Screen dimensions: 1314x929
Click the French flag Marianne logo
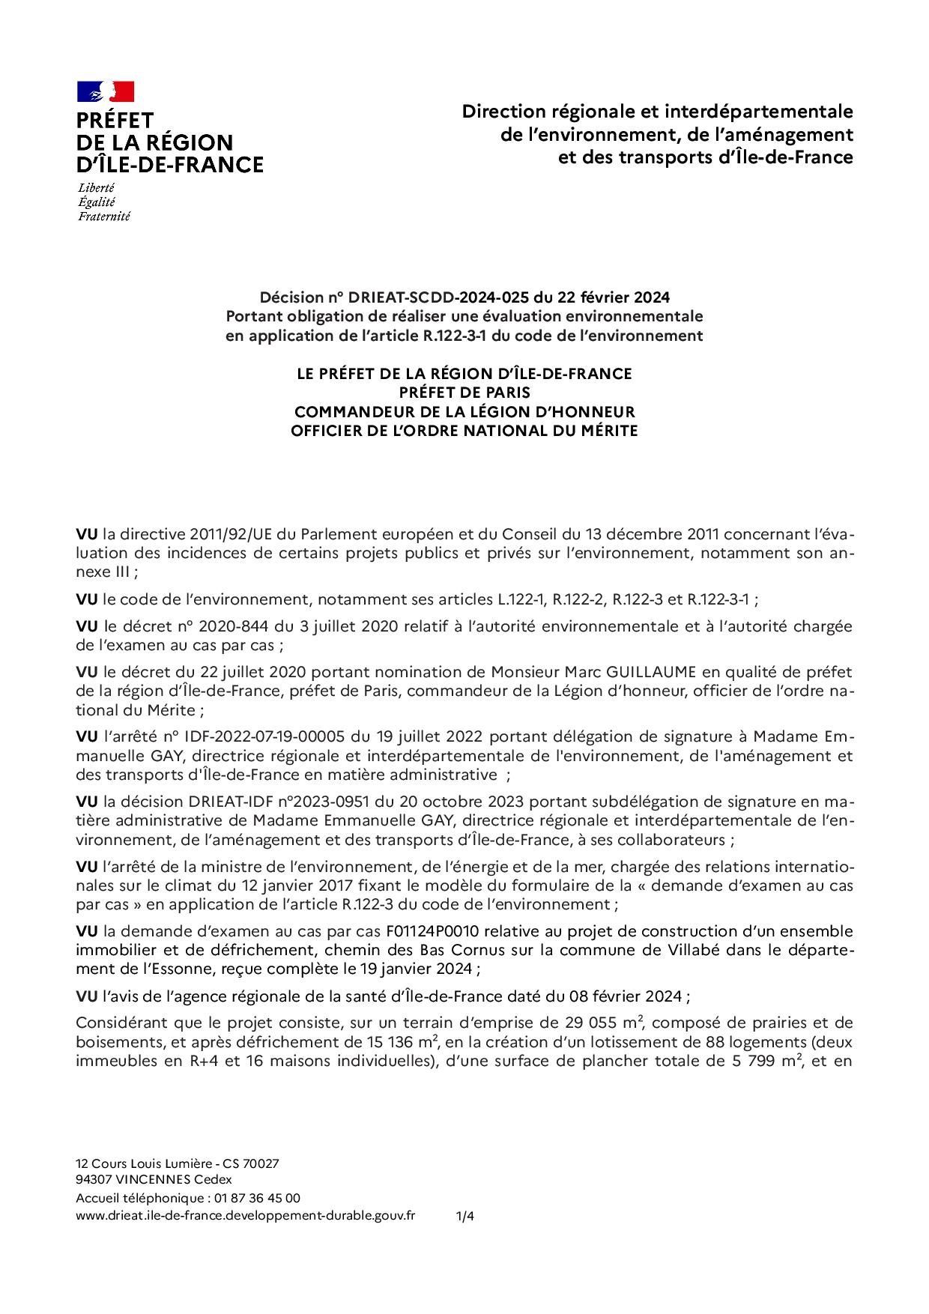point(106,91)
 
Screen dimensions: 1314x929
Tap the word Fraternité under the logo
point(104,217)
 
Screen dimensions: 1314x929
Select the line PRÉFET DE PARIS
point(464,392)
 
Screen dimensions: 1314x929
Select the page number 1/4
point(464,1217)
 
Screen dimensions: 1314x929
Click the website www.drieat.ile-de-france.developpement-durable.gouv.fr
point(246,1216)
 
